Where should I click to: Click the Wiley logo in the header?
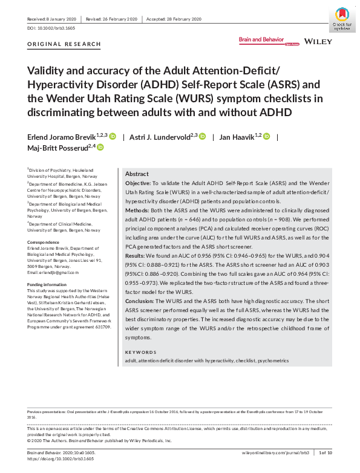click(x=318, y=41)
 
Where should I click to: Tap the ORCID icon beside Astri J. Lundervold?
click(x=203, y=136)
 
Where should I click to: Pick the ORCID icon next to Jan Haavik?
click(x=266, y=136)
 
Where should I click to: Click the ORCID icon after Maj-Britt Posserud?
click(x=100, y=147)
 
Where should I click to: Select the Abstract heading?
click(x=137, y=173)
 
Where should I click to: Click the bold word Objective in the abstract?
click(x=138, y=182)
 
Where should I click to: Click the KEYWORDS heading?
click(x=140, y=351)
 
